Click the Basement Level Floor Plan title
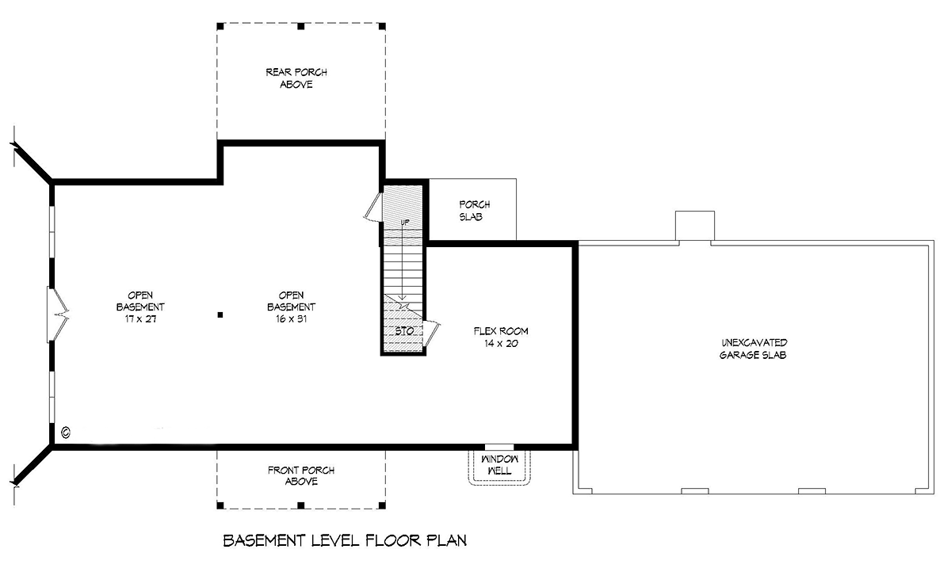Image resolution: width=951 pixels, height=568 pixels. [x=345, y=540]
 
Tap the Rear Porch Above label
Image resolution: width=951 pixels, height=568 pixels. [x=296, y=78]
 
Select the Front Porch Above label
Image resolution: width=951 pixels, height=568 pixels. [x=301, y=475]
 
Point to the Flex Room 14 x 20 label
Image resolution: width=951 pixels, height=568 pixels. [x=501, y=337]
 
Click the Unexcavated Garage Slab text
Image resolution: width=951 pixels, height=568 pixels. [x=753, y=349]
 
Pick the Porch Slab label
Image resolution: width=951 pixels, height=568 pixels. [x=474, y=211]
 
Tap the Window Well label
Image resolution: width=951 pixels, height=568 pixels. [x=500, y=465]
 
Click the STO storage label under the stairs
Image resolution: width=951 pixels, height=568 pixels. [x=404, y=331]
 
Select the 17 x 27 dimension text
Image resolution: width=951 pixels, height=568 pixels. [x=140, y=318]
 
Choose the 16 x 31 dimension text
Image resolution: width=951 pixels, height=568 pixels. [x=292, y=318]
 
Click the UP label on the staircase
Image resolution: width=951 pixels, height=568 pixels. [x=405, y=223]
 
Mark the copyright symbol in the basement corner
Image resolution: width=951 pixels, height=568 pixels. [x=66, y=433]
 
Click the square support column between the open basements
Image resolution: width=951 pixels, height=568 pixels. [x=220, y=315]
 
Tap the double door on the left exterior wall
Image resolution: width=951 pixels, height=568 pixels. [x=57, y=314]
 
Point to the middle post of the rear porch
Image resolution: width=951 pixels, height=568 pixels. [x=301, y=26]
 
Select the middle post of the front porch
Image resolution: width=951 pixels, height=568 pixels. [x=301, y=505]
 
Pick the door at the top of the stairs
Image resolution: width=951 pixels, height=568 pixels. [x=373, y=208]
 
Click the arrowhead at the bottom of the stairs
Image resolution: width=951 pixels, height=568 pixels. [x=403, y=297]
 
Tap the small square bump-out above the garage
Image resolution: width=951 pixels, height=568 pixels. [x=695, y=226]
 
